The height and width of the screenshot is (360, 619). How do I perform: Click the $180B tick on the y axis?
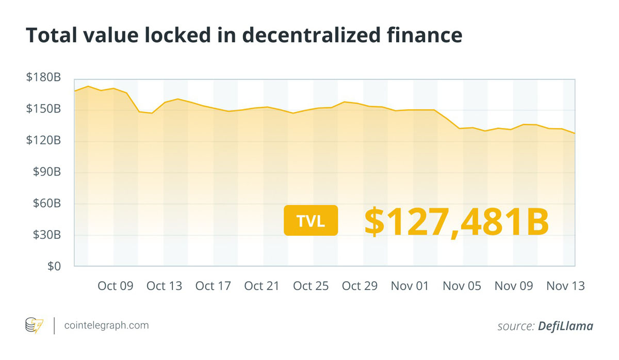(44, 78)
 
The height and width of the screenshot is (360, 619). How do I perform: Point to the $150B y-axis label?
(44, 109)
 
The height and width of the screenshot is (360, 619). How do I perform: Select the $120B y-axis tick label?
(44, 141)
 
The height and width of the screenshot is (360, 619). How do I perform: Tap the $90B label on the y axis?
(47, 172)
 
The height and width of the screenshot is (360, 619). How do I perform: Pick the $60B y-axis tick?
(47, 204)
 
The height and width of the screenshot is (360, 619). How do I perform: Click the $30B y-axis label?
(47, 235)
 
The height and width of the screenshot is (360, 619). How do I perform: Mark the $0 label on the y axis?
(53, 267)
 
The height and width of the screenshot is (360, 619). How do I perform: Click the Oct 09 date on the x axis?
(116, 286)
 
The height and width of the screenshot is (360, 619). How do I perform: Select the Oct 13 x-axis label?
(165, 286)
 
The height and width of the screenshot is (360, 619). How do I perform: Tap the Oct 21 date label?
(262, 286)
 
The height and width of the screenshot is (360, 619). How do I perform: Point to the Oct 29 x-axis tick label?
(360, 286)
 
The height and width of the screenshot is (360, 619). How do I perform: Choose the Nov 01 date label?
(410, 286)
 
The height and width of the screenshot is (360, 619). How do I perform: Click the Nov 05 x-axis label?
(462, 286)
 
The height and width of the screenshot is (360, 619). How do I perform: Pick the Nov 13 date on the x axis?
(565, 286)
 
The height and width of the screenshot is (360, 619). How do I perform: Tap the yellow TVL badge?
(311, 221)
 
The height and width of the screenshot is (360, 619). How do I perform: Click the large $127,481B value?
(456, 222)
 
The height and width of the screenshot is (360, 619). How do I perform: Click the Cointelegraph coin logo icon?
(35, 326)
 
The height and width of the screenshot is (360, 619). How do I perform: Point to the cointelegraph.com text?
(106, 326)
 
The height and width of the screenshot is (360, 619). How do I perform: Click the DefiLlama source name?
(565, 326)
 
